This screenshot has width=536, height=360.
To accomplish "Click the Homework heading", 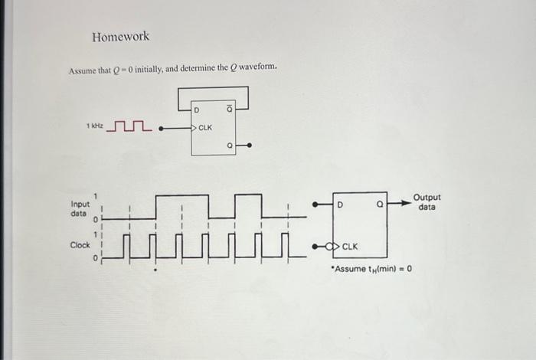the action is pos(120,37).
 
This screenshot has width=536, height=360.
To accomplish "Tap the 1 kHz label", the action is pos(95,125).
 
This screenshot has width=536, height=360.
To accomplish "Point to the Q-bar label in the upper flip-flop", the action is pos(229,113).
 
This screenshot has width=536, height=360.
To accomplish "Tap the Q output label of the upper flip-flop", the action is pos(229,143).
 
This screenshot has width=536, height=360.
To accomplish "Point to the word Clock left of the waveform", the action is pos(80,245).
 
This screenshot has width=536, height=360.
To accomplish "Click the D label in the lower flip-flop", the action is pos(341,205).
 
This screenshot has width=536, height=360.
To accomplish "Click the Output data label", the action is pos(427,202).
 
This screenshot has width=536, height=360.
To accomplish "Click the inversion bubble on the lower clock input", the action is pos(331,247).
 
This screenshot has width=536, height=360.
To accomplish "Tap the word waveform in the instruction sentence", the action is pos(257,69).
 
